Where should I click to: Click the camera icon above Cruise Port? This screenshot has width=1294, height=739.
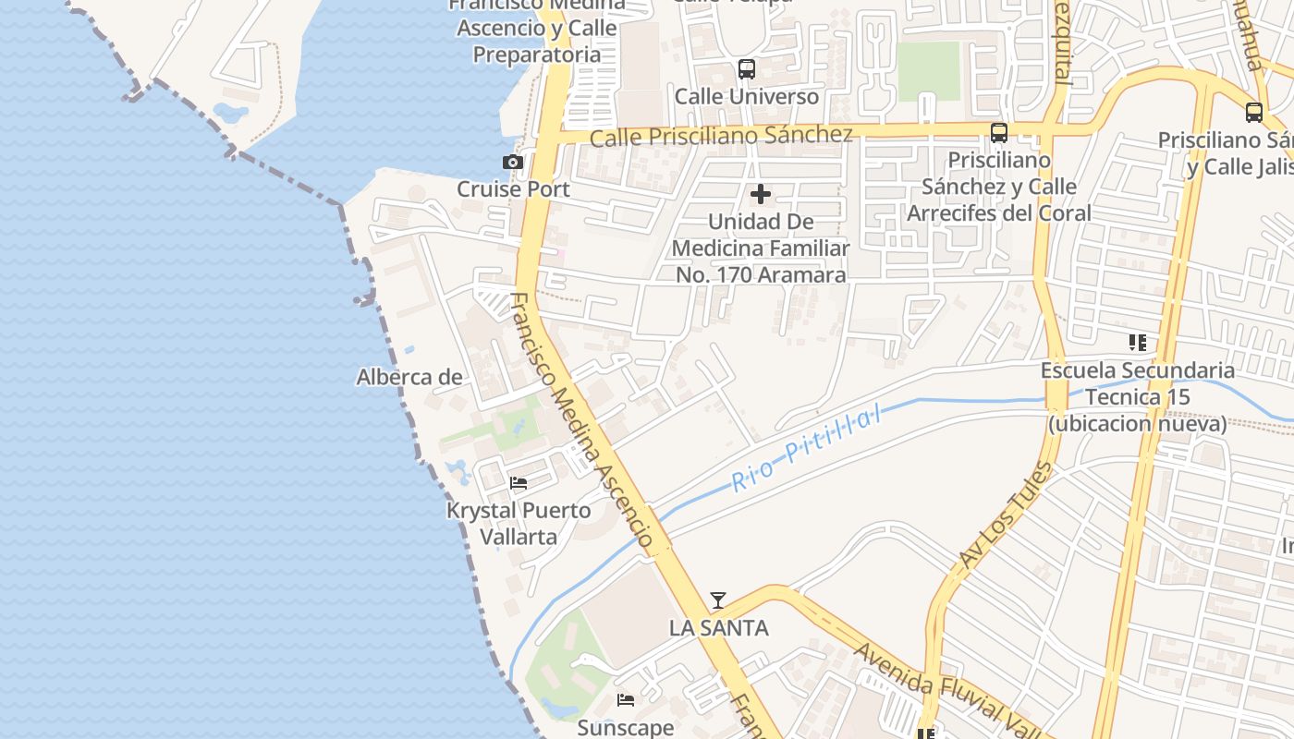(x=513, y=163)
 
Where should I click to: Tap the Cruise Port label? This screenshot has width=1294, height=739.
(x=513, y=189)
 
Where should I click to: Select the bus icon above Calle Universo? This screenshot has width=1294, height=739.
(x=746, y=69)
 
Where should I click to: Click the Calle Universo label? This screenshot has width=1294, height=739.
(x=746, y=97)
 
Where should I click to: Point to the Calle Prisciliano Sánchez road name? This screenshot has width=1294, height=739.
(x=721, y=136)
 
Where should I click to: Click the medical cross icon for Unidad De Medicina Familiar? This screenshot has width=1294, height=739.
(x=761, y=194)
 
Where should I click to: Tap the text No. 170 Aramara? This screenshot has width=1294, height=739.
(x=761, y=275)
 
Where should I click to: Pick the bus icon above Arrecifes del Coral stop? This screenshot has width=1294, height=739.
(x=999, y=132)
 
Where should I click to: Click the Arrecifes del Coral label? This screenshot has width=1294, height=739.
(x=999, y=213)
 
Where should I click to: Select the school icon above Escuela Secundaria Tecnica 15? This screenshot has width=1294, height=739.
(x=1137, y=343)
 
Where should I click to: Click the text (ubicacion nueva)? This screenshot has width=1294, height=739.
(x=1137, y=424)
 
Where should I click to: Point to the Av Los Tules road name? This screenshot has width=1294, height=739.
(x=1006, y=515)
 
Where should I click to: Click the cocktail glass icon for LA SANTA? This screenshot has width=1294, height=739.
(x=717, y=600)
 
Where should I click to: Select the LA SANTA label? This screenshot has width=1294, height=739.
(x=718, y=628)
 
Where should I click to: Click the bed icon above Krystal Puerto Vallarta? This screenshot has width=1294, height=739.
(x=519, y=483)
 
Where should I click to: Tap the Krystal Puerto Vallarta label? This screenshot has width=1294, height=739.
(x=519, y=524)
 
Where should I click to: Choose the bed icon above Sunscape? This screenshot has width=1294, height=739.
(x=626, y=700)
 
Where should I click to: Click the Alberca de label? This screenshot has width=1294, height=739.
(x=409, y=377)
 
